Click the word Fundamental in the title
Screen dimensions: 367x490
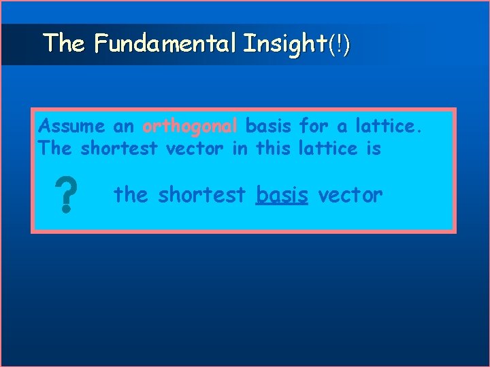(x=165, y=44)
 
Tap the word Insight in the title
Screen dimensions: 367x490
(x=284, y=44)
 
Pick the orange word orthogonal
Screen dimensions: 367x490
(x=190, y=126)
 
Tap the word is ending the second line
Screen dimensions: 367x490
(x=373, y=147)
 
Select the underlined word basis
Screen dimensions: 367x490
(x=282, y=196)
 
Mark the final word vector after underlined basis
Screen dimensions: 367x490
(x=351, y=196)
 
